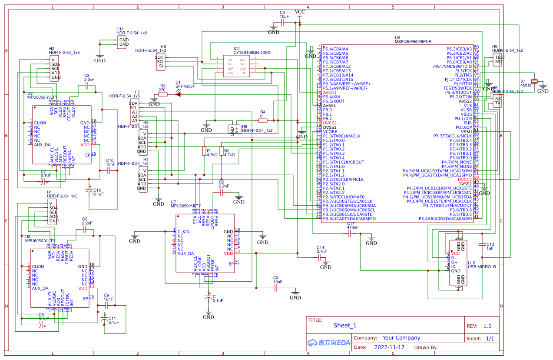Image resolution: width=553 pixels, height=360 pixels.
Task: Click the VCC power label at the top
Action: tap(300, 12)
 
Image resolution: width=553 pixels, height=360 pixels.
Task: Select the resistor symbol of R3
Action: tap(163, 94)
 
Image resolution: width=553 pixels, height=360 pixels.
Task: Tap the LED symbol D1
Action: tap(179, 94)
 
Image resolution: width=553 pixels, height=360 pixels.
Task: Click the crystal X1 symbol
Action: tap(535, 81)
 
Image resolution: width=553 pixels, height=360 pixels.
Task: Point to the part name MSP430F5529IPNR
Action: tap(413, 42)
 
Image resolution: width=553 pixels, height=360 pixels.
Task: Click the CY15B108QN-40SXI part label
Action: tap(252, 52)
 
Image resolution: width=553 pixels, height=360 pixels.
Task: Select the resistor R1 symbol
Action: tap(204, 151)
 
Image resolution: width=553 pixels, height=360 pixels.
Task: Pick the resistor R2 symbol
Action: tap(222, 151)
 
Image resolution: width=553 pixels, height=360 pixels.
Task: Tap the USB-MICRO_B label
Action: tap(482, 267)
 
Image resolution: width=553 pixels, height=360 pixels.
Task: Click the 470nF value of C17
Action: tap(352, 227)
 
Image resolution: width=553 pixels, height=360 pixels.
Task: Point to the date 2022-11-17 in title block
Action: tap(389, 347)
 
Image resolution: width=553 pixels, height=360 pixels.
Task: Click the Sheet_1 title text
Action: tap(345, 325)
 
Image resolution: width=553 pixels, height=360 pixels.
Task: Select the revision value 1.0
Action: tap(487, 326)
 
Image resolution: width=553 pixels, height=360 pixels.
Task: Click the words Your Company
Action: tap(401, 337)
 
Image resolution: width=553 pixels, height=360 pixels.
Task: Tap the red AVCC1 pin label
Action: tap(330, 93)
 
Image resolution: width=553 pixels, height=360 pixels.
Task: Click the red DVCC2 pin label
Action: tap(464, 180)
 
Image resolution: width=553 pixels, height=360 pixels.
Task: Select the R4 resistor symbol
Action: tap(263, 120)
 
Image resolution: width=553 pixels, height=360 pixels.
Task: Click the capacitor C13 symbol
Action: tap(482, 245)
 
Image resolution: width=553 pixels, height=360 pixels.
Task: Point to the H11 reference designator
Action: tap(120, 29)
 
